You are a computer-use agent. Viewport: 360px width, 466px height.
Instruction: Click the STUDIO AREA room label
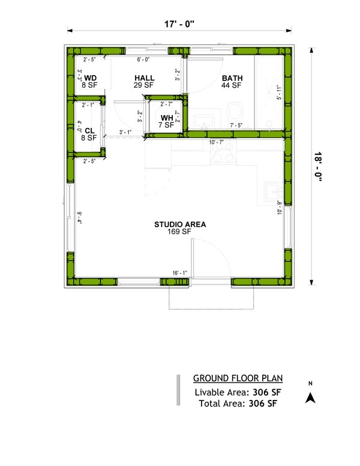[x=180, y=225]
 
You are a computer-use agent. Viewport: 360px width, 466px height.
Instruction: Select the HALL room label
[x=145, y=79]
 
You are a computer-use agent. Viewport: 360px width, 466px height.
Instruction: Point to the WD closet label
[x=90, y=79]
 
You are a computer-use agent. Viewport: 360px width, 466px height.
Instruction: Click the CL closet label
[x=89, y=130]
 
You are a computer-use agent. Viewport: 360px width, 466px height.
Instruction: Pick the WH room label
[x=167, y=118]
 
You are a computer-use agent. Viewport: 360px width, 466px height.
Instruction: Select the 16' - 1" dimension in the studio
[x=179, y=273]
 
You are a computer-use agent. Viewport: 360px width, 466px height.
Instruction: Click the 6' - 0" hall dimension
[x=143, y=59]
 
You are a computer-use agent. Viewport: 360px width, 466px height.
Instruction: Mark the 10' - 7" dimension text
[x=216, y=143]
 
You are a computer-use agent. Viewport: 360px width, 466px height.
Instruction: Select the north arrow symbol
[x=310, y=396]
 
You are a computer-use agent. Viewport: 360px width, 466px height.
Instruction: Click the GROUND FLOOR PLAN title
[x=238, y=378]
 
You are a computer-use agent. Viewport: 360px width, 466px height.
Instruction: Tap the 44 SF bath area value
[x=231, y=86]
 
